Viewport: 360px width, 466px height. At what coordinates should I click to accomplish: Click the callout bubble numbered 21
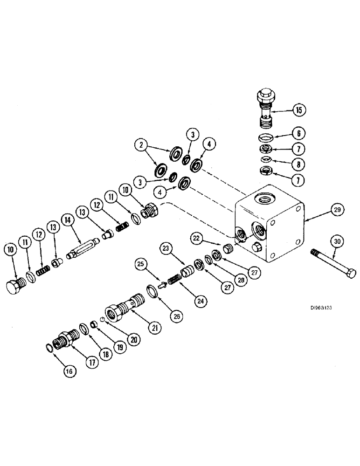(153, 328)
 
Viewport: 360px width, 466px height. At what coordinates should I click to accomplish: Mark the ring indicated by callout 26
(152, 293)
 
